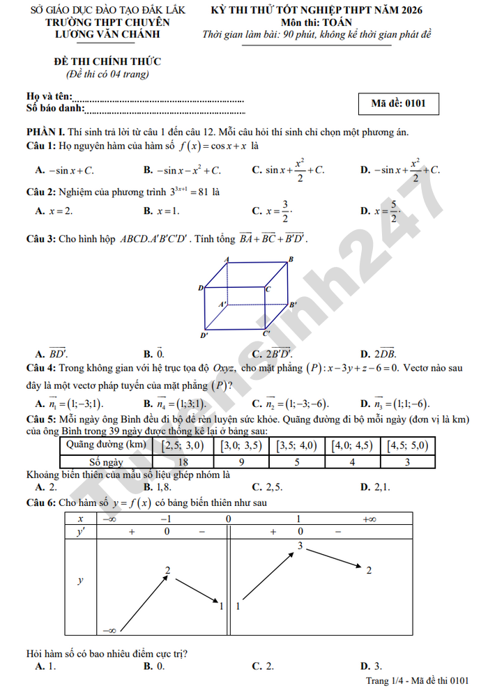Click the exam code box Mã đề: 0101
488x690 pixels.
pyautogui.click(x=398, y=104)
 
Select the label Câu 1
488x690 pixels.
pyautogui.click(x=40, y=146)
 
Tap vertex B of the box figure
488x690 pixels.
pyautogui.click(x=290, y=259)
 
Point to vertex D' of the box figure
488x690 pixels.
pyautogui.click(x=204, y=335)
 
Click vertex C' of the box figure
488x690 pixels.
pyautogui.click(x=266, y=334)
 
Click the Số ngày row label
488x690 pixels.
pyautogui.click(x=107, y=461)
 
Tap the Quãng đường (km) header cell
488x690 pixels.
pyautogui.click(x=107, y=445)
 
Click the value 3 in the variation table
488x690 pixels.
pyautogui.click(x=300, y=546)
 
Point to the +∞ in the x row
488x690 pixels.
pyautogui.click(x=369, y=519)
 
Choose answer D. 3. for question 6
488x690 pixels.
pyautogui.click(x=370, y=666)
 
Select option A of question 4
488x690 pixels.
pyautogui.click(x=69, y=404)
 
